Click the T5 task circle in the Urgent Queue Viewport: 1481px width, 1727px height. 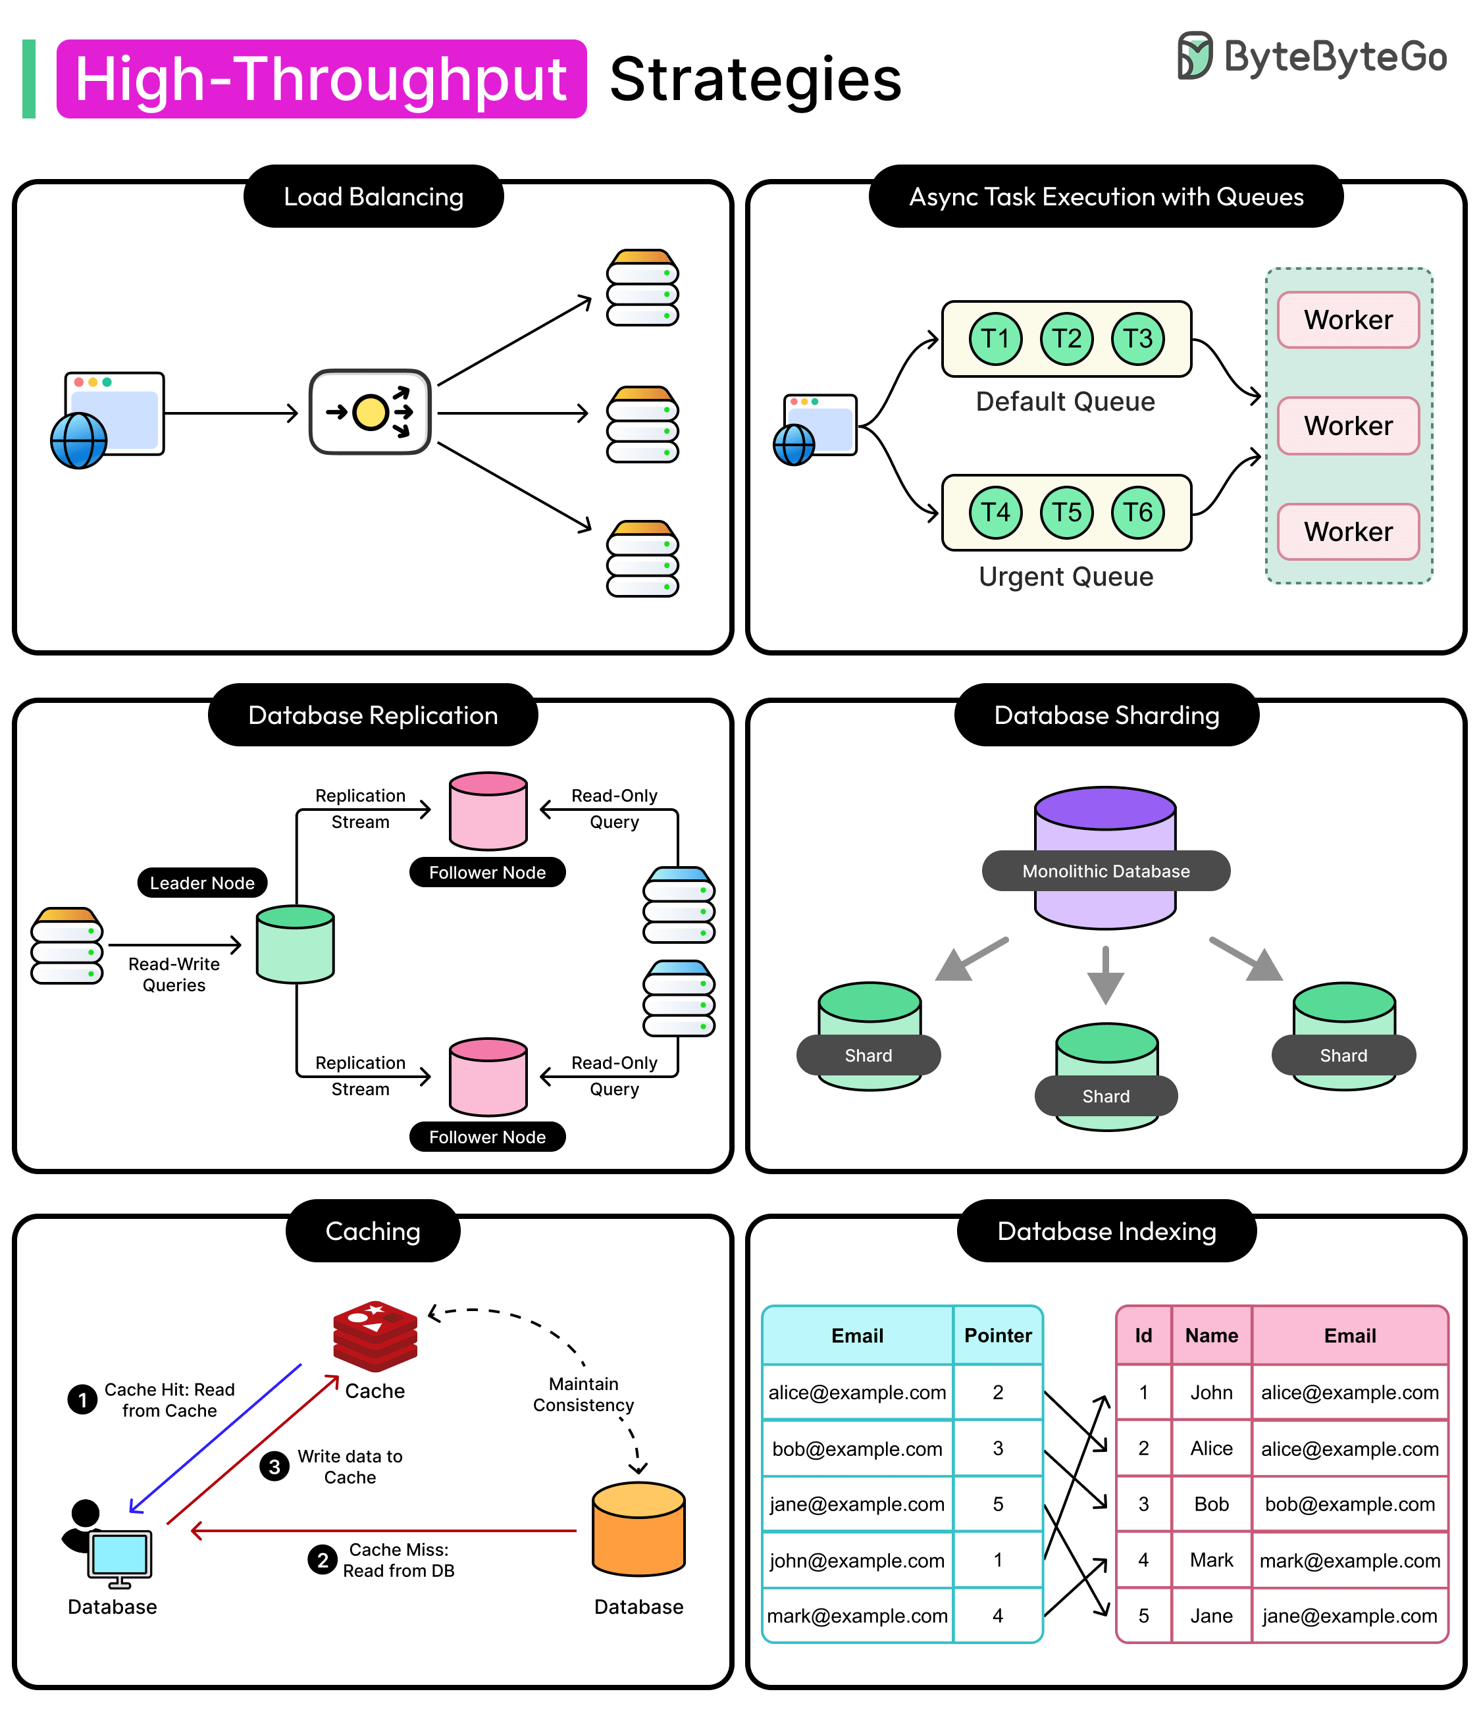point(1066,512)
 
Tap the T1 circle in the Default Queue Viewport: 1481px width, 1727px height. point(995,338)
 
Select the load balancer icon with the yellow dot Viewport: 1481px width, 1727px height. point(370,412)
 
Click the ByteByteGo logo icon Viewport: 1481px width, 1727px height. point(1193,56)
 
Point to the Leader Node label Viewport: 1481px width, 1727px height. point(201,883)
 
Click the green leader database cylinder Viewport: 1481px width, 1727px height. point(295,944)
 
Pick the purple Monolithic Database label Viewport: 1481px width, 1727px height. point(1105,871)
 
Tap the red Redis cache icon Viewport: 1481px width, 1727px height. point(375,1335)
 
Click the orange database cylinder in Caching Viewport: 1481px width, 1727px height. point(638,1529)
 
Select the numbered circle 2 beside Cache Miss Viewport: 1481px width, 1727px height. point(323,1559)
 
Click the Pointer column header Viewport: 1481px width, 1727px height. point(998,1335)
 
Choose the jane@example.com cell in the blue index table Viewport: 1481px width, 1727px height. point(857,1505)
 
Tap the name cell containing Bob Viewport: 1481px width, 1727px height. point(1211,1505)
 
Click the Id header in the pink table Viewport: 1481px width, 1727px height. point(1143,1335)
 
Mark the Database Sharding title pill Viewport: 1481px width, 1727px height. point(1106,715)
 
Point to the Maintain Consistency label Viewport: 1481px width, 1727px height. point(583,1395)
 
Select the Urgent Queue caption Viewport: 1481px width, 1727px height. point(1066,576)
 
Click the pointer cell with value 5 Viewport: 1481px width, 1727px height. point(998,1505)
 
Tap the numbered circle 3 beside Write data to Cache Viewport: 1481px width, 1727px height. point(274,1466)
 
